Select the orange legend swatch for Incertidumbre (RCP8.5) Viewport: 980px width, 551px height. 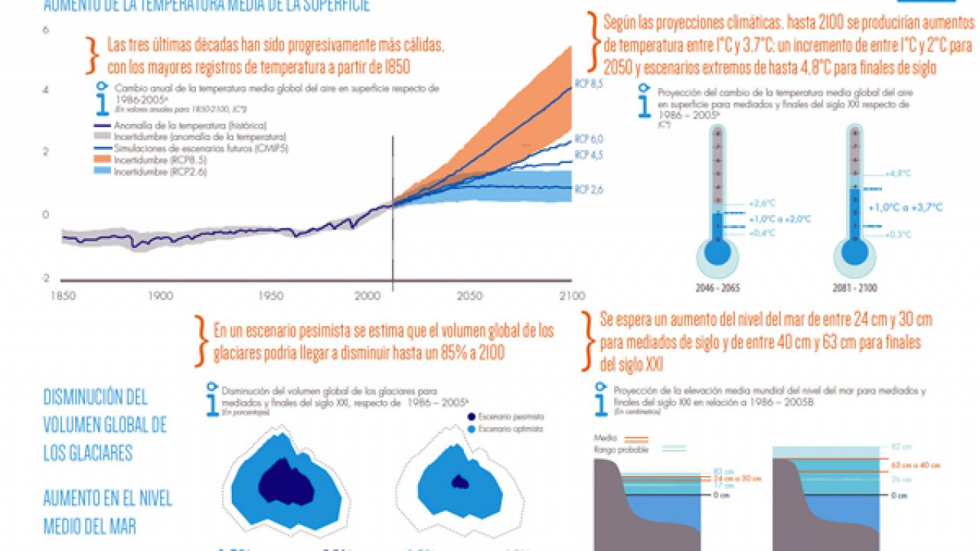click(103, 159)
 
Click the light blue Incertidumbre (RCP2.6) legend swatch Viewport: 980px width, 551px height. click(103, 172)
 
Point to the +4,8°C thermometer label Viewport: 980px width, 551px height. click(899, 174)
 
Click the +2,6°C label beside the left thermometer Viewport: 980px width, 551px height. click(763, 204)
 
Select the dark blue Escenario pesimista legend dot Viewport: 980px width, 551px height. click(472, 416)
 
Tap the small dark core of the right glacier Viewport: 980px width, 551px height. click(460, 482)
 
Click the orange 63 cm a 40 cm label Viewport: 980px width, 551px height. click(916, 465)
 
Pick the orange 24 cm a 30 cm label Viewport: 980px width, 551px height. click(737, 478)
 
